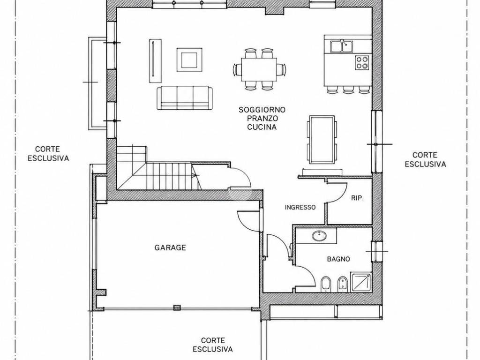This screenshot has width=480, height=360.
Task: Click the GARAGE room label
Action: (170, 247)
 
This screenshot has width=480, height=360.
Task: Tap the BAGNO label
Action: (338, 259)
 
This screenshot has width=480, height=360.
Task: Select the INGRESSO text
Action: (300, 207)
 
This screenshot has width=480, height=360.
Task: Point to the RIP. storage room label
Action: (357, 198)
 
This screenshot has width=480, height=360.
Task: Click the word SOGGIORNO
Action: (262, 110)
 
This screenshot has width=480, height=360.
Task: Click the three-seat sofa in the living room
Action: (185, 97)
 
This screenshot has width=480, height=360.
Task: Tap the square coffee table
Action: (189, 60)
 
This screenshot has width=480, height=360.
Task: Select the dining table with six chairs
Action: (259, 69)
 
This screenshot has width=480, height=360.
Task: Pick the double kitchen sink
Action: (341, 46)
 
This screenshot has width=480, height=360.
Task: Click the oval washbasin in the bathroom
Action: (320, 236)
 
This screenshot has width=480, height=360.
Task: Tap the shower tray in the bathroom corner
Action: (361, 282)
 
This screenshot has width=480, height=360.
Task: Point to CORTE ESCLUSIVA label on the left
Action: (48, 154)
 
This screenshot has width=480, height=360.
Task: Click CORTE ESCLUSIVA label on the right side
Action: (425, 159)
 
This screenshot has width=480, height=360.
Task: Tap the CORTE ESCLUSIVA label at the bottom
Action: (212, 345)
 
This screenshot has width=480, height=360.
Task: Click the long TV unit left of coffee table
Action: (155, 60)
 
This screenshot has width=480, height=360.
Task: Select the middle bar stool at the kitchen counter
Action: (348, 90)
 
